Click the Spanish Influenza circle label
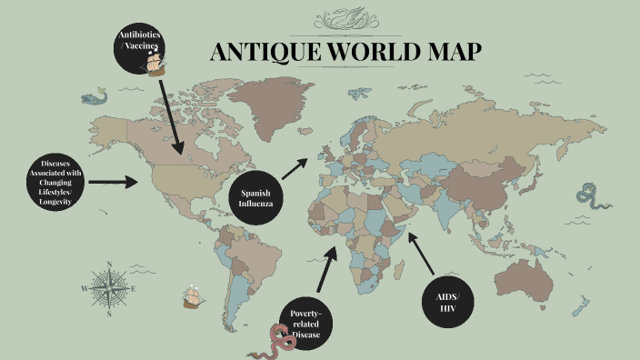click(x=255, y=198)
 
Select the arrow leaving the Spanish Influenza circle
click(x=295, y=167)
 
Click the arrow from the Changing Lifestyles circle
click(x=113, y=182)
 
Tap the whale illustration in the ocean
click(x=93, y=95)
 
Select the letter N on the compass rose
click(x=109, y=265)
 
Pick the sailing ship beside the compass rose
click(x=192, y=296)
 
